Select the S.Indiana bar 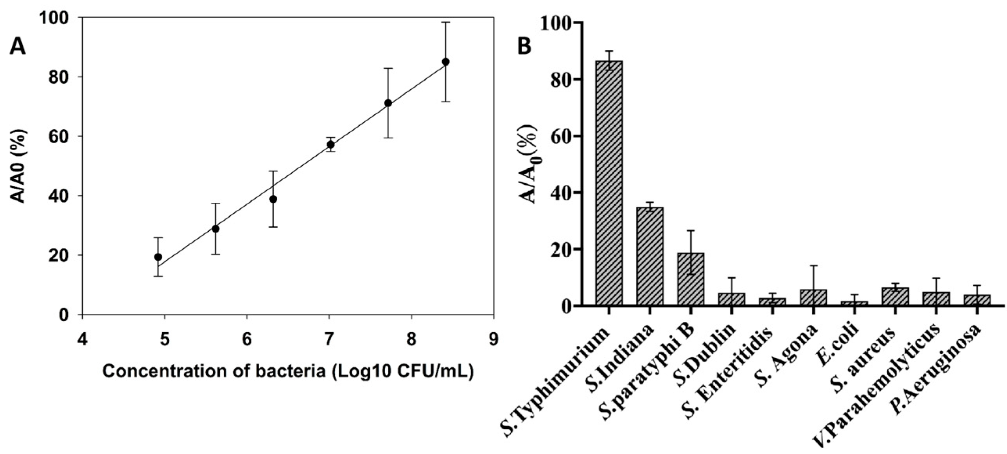650,256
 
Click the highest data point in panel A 445,62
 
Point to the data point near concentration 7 330,144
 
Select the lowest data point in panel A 158,257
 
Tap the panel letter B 524,46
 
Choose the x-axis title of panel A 288,371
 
